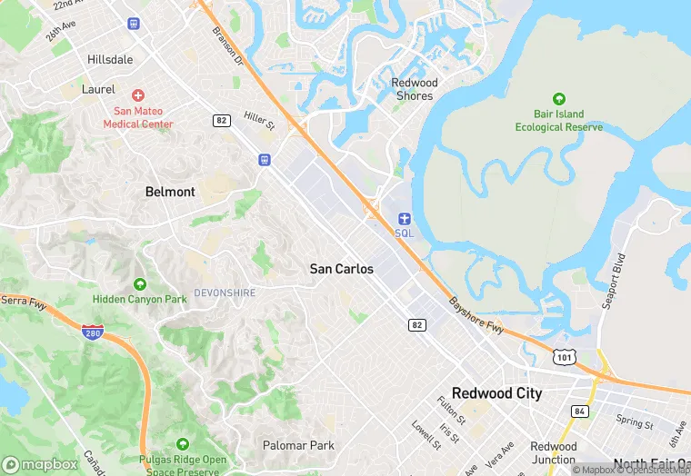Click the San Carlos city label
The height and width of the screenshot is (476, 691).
click(341, 269)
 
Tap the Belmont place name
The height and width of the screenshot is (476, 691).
click(170, 192)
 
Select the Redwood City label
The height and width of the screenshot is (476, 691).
click(496, 393)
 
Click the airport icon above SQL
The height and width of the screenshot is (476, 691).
click(405, 218)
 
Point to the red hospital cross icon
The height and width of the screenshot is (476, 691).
click(138, 95)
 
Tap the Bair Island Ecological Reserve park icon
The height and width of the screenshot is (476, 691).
click(558, 98)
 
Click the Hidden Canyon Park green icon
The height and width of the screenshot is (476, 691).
click(139, 284)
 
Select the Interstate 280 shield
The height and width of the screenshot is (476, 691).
click(92, 332)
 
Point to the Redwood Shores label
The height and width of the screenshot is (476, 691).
click(414, 89)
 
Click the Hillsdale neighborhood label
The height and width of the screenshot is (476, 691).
click(110, 59)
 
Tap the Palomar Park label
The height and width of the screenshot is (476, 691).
click(298, 445)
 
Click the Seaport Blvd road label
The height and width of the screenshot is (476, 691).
click(615, 280)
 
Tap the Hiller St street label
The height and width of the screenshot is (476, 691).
click(259, 122)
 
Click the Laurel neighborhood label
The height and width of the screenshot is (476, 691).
click(98, 89)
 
